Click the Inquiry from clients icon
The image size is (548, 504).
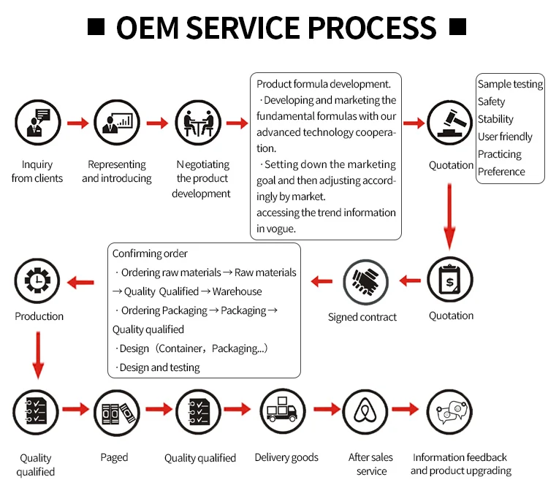tap(37, 122)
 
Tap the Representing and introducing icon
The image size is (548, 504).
tap(116, 122)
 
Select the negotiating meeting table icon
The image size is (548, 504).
tap(198, 122)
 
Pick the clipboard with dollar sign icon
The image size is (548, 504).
tap(450, 280)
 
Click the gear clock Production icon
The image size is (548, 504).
tap(38, 281)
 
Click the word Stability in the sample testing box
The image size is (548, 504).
tap(495, 119)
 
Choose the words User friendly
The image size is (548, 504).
tap(505, 137)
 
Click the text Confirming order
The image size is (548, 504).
tap(150, 253)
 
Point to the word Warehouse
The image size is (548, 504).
tap(237, 291)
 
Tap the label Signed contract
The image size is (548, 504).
tap(362, 317)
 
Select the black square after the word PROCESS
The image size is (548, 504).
tap(457, 28)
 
